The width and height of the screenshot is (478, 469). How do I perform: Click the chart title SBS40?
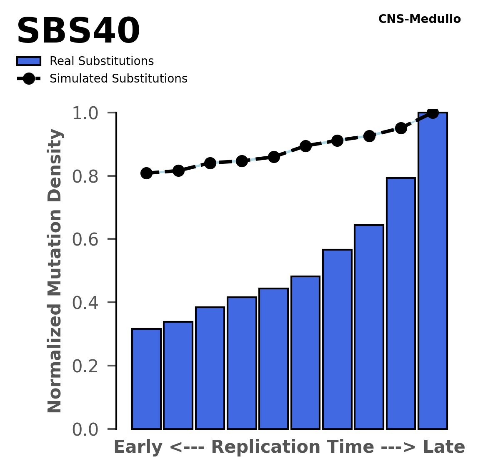pyautogui.click(x=78, y=32)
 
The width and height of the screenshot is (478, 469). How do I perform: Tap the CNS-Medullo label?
pyautogui.click(x=419, y=19)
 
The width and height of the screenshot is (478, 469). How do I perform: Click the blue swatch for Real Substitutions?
pyautogui.click(x=29, y=61)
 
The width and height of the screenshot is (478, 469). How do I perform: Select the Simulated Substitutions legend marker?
pyautogui.click(x=29, y=79)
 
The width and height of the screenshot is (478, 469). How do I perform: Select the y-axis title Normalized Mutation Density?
pyautogui.click(x=55, y=271)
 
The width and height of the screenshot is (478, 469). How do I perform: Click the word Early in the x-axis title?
pyautogui.click(x=138, y=448)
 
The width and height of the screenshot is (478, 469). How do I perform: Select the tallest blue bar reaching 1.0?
pyautogui.click(x=433, y=271)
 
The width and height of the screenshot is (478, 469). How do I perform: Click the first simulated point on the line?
pyautogui.click(x=146, y=173)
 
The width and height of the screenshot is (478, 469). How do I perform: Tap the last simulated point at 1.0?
pyautogui.click(x=433, y=113)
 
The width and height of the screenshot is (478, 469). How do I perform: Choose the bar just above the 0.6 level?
pyautogui.click(x=369, y=327)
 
